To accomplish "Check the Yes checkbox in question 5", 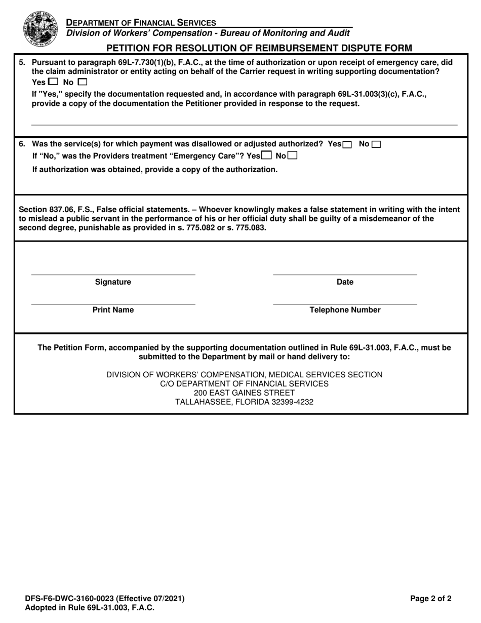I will (x=54, y=82).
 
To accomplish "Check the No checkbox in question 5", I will (x=83, y=82).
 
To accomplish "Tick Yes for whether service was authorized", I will (x=347, y=144).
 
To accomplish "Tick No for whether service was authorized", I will (x=376, y=144).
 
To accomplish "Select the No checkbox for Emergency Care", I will (x=293, y=156).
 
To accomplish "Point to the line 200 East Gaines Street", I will (x=244, y=393).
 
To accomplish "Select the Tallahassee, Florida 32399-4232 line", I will (x=244, y=402).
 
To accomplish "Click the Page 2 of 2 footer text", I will (x=431, y=599).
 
